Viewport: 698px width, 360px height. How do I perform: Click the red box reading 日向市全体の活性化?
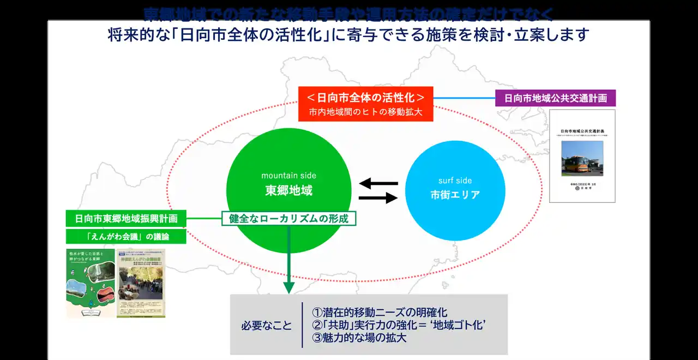pyautogui.click(x=365, y=98)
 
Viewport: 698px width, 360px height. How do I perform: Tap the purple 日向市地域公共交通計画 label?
pyautogui.click(x=555, y=98)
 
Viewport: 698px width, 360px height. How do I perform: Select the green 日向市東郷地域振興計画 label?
pyautogui.click(x=125, y=219)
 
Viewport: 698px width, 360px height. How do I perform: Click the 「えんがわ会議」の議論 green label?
pyautogui.click(x=125, y=236)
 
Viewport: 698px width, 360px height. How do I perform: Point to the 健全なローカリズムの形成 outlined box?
pyautogui.click(x=288, y=219)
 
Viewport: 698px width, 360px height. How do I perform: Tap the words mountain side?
pyautogui.click(x=288, y=176)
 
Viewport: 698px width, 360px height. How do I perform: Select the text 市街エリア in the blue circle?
pyautogui.click(x=455, y=195)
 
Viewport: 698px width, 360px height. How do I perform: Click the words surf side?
pyautogui.click(x=455, y=181)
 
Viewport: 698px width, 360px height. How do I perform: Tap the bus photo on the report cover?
pyautogui.click(x=582, y=158)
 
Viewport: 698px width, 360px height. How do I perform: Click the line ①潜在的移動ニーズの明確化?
pyautogui.click(x=380, y=313)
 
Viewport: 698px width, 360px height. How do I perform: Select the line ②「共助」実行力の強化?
pyautogui.click(x=398, y=325)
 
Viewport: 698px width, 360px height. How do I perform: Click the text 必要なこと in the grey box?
pyautogui.click(x=267, y=326)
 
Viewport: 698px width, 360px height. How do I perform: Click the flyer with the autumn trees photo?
pyautogui.click(x=141, y=284)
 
